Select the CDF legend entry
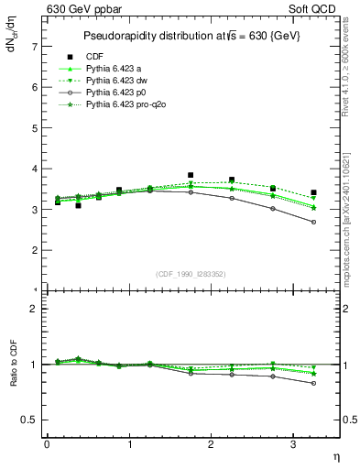click(93, 55)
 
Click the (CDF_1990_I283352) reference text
click(191, 274)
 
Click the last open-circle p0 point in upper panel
click(313, 222)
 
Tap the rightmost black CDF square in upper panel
click(313, 192)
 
